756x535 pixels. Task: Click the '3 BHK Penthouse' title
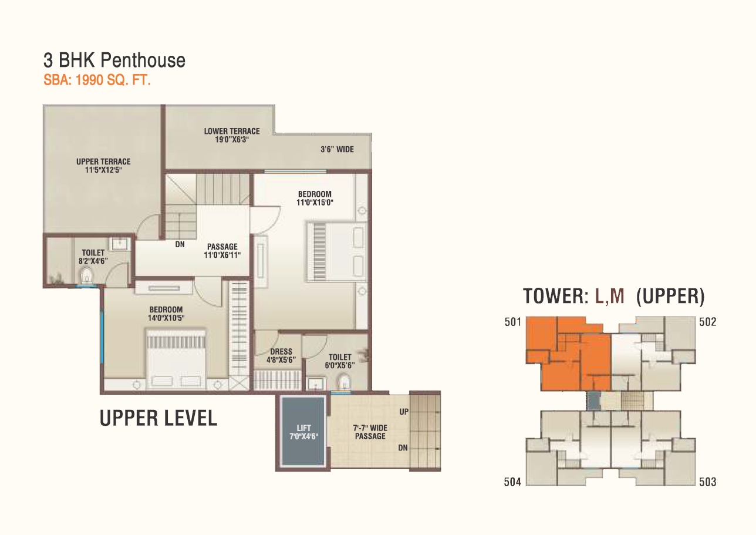(x=114, y=60)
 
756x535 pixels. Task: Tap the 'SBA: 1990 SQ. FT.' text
(x=97, y=80)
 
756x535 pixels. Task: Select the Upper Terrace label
(x=103, y=166)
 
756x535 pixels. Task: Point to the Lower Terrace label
(x=232, y=135)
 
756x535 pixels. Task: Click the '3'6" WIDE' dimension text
(x=337, y=149)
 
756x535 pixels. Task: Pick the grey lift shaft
(x=303, y=432)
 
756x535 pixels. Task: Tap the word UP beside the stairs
(x=404, y=412)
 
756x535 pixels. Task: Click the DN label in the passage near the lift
(x=403, y=448)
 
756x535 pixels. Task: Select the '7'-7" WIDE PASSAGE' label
(x=370, y=432)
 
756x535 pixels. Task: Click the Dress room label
(x=281, y=356)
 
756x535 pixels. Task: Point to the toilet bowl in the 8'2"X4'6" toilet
(x=87, y=275)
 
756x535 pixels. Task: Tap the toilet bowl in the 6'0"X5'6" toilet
(x=344, y=382)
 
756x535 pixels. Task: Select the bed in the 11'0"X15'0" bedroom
(x=336, y=251)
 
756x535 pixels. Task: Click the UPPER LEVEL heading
(x=158, y=418)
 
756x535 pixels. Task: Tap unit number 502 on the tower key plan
(x=708, y=322)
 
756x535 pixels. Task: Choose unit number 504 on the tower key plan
(x=512, y=482)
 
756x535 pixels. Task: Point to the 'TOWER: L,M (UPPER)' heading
(x=614, y=296)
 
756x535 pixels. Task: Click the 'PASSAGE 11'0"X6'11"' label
(x=222, y=251)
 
